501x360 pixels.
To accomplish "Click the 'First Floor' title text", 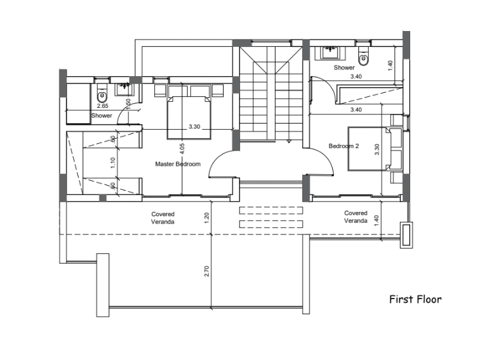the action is click(416, 299).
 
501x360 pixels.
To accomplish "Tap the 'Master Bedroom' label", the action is click(177, 164).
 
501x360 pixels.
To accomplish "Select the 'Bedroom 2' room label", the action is click(344, 146).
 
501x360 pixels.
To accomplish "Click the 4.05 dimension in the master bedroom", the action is click(182, 148).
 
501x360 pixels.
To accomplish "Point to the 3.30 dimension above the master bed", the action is click(194, 127).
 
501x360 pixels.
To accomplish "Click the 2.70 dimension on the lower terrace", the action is click(207, 271).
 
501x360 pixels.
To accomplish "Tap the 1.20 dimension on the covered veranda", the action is click(207, 217).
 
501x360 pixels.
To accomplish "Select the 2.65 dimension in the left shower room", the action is click(102, 106).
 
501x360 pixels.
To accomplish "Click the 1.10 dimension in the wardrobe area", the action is click(113, 163).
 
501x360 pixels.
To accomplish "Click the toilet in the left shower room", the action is click(102, 93).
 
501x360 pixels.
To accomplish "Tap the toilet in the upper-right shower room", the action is click(363, 56).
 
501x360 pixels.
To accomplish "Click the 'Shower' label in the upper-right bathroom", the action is click(344, 68).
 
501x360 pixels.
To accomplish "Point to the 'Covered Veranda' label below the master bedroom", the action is click(163, 218).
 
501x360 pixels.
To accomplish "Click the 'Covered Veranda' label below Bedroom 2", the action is click(355, 217).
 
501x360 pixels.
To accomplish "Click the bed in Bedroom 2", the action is click(374, 149).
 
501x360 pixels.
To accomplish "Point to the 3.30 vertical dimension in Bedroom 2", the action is click(377, 149).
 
